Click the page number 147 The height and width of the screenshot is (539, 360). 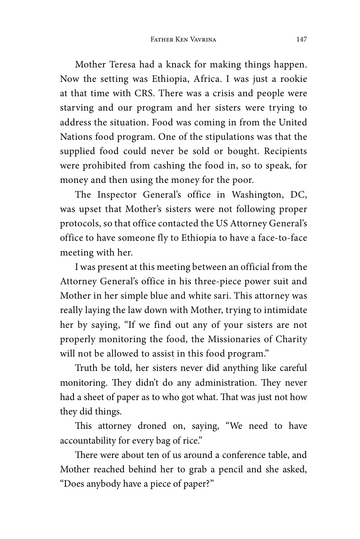coord(302,39)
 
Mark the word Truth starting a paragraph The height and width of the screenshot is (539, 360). coord(86,368)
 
